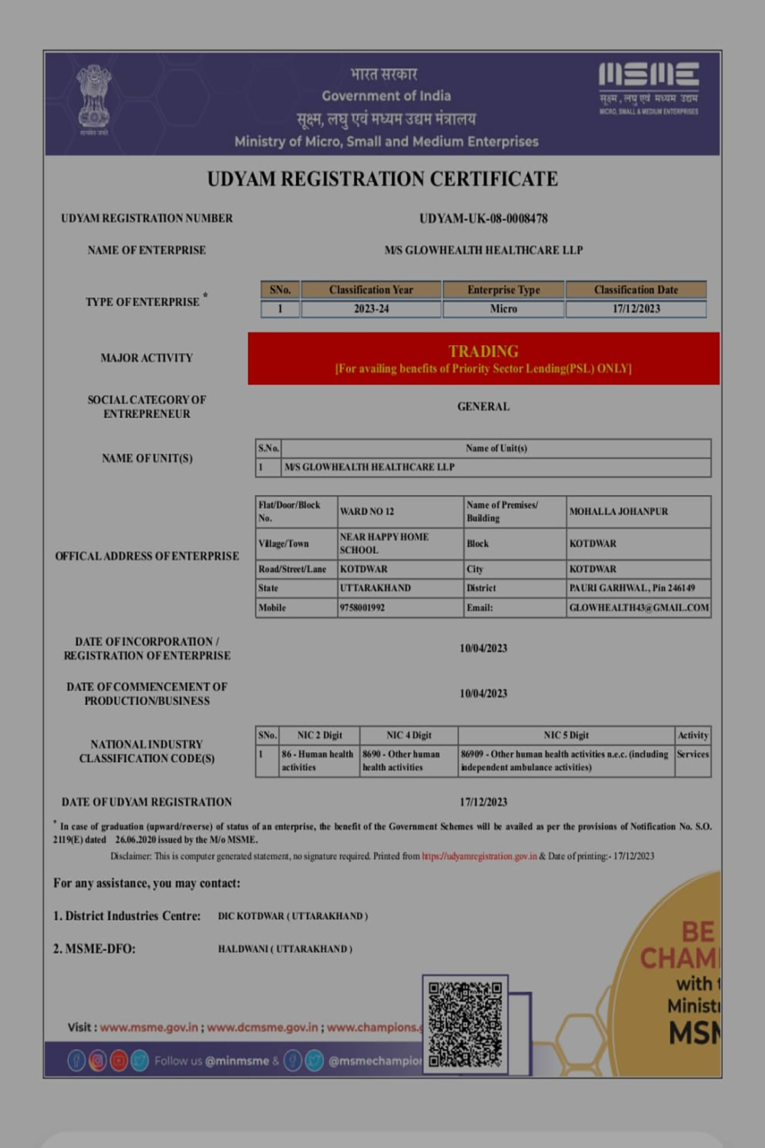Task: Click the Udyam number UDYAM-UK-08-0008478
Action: pos(483,218)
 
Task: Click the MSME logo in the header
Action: pos(648,88)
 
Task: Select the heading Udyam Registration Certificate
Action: pos(382,179)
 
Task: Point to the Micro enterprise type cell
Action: pos(503,309)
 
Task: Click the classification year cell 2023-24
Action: pos(371,309)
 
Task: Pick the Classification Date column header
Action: pos(636,290)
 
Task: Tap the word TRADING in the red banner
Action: pos(483,351)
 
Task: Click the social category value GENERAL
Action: pos(483,406)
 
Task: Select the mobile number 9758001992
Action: pos(363,608)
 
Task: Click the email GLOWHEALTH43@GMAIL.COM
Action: pos(639,608)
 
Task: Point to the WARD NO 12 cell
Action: pos(367,511)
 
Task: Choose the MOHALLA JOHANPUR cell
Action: pos(619,511)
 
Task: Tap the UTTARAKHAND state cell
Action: pos(376,588)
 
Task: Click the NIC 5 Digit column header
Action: pos(566,735)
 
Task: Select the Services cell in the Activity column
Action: pos(692,755)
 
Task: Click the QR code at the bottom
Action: pos(465,1024)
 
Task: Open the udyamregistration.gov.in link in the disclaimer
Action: pos(479,856)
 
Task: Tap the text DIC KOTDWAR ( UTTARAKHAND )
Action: pos(293,916)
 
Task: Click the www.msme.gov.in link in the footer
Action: pos(149,1027)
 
